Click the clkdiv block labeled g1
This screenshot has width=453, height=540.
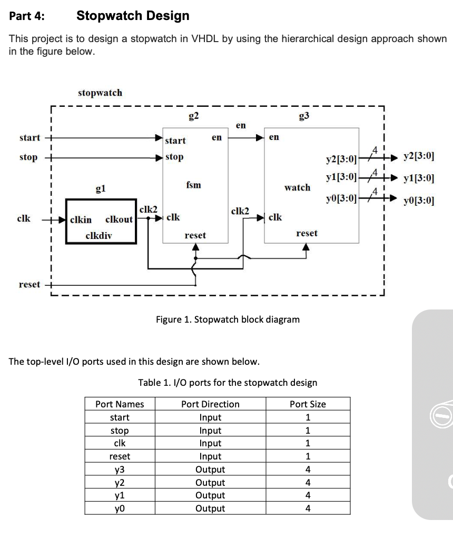point(101,221)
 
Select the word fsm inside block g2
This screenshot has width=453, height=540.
point(193,185)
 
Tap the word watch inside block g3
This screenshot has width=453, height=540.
point(297,187)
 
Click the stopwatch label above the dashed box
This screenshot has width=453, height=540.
point(100,93)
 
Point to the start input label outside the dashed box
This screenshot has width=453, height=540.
point(29,138)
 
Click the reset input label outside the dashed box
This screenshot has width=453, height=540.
point(29,284)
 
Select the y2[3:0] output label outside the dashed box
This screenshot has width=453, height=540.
point(418,156)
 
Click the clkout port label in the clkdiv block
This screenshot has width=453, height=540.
point(119,219)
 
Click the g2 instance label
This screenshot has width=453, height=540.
point(193,115)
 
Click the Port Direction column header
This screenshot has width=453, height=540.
point(210,404)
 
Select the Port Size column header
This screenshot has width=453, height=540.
point(308,404)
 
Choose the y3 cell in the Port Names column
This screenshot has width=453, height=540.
point(120,469)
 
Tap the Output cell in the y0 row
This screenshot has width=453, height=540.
point(210,508)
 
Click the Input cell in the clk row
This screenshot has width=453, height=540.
point(210,443)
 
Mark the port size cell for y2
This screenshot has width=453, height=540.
point(308,483)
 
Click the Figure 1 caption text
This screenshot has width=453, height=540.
point(228,319)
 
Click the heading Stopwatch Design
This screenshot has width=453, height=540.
point(133,16)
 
